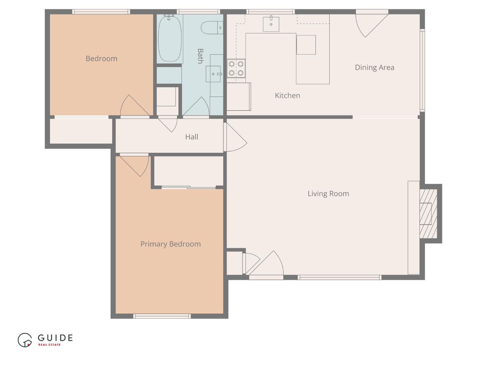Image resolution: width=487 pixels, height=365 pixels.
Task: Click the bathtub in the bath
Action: click(x=170, y=39)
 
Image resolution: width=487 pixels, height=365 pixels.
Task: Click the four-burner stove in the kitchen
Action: click(x=236, y=68)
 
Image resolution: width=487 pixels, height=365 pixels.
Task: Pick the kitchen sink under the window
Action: click(x=271, y=24)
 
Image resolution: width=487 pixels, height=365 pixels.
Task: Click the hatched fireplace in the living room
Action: click(x=428, y=214)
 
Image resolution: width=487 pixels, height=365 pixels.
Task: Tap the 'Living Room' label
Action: click(x=328, y=194)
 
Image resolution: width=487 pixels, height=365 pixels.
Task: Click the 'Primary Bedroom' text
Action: click(x=170, y=244)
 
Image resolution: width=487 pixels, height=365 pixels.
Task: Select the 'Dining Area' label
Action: click(x=374, y=67)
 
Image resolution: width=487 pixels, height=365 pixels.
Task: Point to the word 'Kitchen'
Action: click(x=287, y=96)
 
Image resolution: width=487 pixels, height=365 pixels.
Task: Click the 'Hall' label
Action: click(x=191, y=137)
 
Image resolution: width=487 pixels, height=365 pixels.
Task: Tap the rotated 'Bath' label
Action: click(x=200, y=56)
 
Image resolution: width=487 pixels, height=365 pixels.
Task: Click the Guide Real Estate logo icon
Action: click(x=25, y=340)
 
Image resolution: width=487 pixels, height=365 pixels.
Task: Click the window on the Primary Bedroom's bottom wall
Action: click(x=162, y=316)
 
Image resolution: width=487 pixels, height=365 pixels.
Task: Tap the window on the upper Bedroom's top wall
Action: click(x=101, y=12)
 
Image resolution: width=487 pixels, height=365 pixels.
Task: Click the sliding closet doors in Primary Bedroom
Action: click(x=188, y=187)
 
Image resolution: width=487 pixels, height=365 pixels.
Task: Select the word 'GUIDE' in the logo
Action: click(x=55, y=338)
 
